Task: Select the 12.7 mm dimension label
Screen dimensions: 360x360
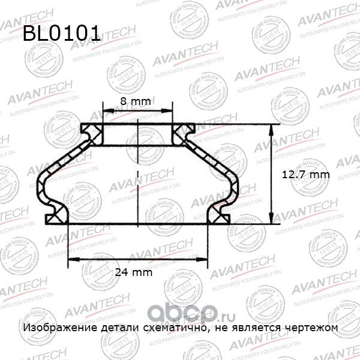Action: point(307,174)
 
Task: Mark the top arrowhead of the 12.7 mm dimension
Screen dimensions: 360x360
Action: point(271,128)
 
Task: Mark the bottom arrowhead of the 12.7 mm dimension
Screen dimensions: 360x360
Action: point(271,220)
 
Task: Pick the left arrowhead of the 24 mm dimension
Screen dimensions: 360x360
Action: point(70,260)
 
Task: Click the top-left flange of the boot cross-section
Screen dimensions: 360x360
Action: point(92,130)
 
